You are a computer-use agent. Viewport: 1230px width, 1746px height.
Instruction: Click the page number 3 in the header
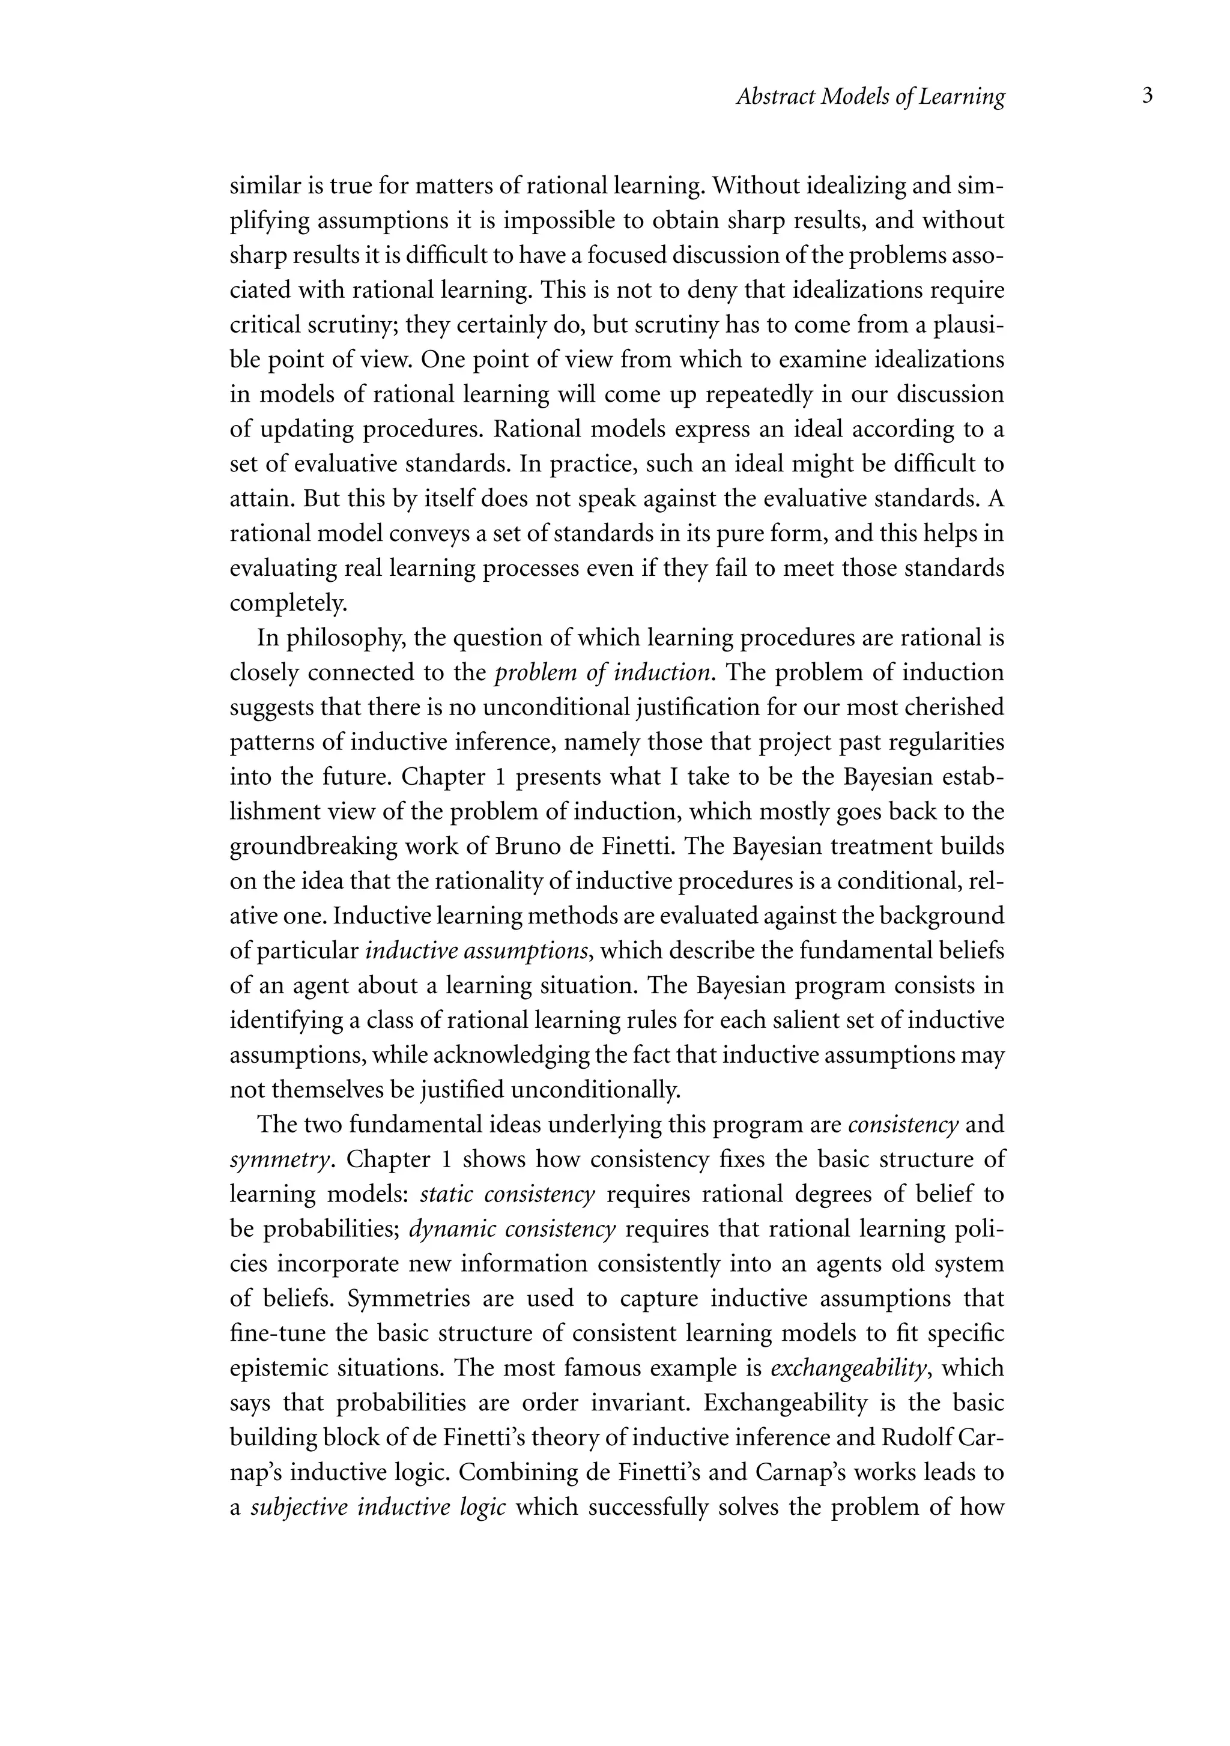click(x=1148, y=97)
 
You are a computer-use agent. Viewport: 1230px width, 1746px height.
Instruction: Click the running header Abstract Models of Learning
click(x=870, y=97)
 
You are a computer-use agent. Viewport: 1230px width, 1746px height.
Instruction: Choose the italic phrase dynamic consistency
click(x=512, y=1230)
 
